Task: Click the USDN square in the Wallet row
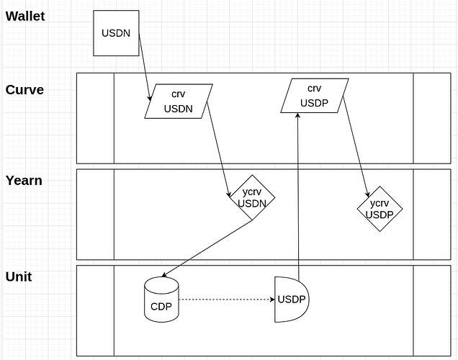pyautogui.click(x=116, y=33)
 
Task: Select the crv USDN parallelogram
pyautogui.click(x=179, y=102)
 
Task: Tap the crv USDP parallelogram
pyautogui.click(x=314, y=96)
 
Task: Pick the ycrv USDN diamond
pyautogui.click(x=251, y=198)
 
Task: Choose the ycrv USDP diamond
pyautogui.click(x=380, y=209)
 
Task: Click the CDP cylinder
pyautogui.click(x=161, y=300)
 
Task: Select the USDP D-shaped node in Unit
pyautogui.click(x=292, y=299)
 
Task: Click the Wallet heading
pyautogui.click(x=25, y=16)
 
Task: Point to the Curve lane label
pyautogui.click(x=24, y=90)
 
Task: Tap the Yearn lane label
pyautogui.click(x=24, y=181)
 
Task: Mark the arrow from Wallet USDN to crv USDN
pyautogui.click(x=144, y=65)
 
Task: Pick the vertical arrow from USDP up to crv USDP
pyautogui.click(x=298, y=194)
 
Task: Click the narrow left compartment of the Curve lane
pyautogui.click(x=96, y=118)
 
